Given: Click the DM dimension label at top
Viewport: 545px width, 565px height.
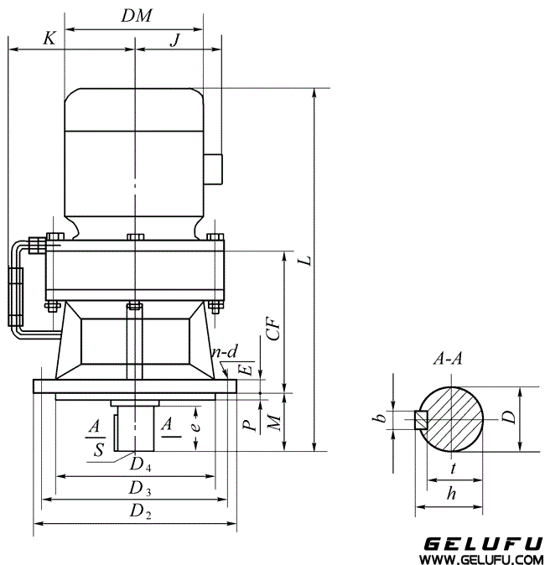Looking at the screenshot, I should tap(136, 16).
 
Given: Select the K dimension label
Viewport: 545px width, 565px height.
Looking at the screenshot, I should tap(50, 39).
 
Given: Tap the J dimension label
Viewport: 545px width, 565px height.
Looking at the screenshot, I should tap(174, 39).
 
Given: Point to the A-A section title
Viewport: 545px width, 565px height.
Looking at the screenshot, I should tap(449, 360).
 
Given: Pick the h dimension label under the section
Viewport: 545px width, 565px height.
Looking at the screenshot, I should tap(451, 495).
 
